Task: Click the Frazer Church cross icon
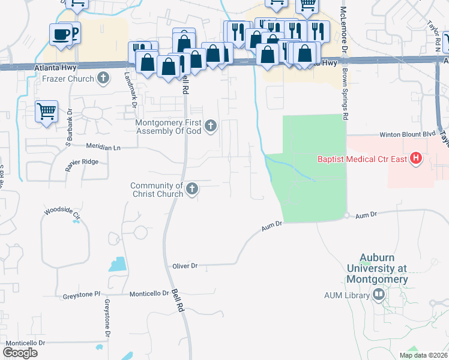[104, 78]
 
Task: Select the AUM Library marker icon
[378, 294]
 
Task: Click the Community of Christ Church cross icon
[191, 189]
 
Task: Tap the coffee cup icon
[61, 34]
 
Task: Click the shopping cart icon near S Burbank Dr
[46, 111]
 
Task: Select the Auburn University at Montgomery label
[384, 269]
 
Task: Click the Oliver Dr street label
[184, 265]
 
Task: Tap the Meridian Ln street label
[103, 147]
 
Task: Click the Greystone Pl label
[80, 295]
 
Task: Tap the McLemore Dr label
[344, 27]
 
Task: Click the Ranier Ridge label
[82, 162]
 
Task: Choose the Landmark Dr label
[130, 90]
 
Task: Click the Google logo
[20, 353]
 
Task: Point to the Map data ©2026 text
[423, 355]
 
